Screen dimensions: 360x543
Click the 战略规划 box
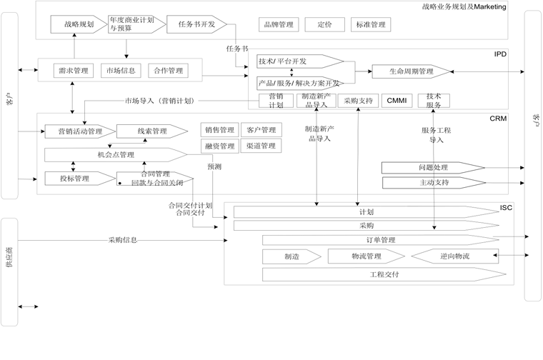79,24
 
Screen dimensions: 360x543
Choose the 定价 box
324,25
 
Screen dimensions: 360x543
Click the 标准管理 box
370,25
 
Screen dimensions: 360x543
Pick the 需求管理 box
71,71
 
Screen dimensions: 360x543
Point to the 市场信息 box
119,71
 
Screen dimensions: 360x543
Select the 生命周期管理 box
412,71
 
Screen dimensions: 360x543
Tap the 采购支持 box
357,101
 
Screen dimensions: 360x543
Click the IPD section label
500,54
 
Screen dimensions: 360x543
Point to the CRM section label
498,119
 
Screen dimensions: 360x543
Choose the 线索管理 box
151,131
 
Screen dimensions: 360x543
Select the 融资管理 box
219,146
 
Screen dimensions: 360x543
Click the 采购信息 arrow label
123,240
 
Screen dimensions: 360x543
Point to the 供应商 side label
9,271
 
